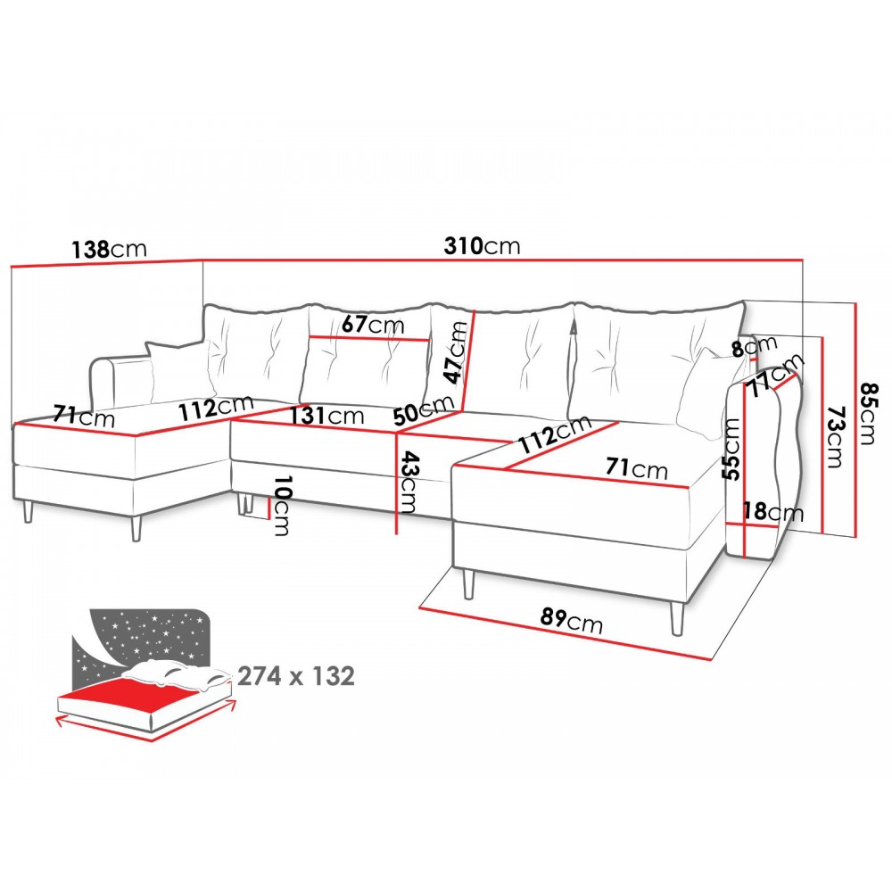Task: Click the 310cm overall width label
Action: pos(482,246)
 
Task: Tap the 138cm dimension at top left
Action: pos(109,249)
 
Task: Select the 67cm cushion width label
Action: pos(373,325)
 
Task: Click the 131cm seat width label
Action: pos(326,416)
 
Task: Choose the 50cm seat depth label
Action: pos(424,409)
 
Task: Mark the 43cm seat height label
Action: pos(409,483)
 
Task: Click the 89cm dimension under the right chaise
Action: pos(571,621)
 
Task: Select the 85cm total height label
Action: pos(869,414)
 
